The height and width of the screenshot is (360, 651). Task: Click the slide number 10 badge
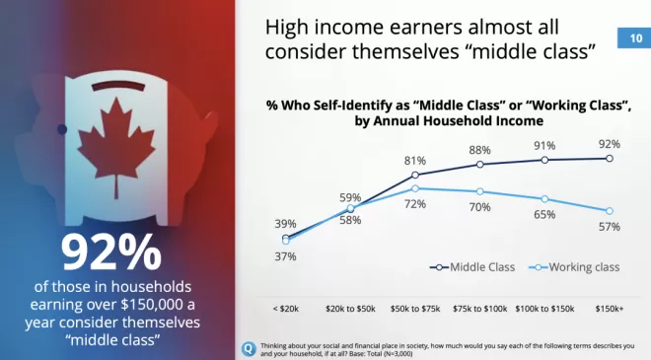pyautogui.click(x=634, y=38)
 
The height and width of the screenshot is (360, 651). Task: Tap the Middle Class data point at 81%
pyautogui.click(x=415, y=175)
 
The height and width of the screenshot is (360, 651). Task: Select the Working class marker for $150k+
pyautogui.click(x=610, y=211)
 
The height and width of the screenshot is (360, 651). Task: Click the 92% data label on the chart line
pyautogui.click(x=610, y=144)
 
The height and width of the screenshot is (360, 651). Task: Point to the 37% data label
pyautogui.click(x=286, y=256)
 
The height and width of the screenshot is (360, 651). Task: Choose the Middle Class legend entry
pyautogui.click(x=472, y=267)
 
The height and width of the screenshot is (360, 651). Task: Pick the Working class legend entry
pyautogui.click(x=574, y=267)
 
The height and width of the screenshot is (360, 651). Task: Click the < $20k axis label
pyautogui.click(x=286, y=309)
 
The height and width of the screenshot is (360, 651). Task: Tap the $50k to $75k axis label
pyautogui.click(x=415, y=309)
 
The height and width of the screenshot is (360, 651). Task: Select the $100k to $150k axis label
pyautogui.click(x=544, y=309)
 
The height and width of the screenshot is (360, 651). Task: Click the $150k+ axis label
pyautogui.click(x=610, y=309)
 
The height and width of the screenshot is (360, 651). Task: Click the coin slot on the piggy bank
pyautogui.click(x=118, y=86)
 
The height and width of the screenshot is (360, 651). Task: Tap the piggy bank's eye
pyautogui.click(x=62, y=129)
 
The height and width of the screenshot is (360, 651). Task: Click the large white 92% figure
pyautogui.click(x=111, y=252)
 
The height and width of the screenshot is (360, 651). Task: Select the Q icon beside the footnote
pyautogui.click(x=250, y=348)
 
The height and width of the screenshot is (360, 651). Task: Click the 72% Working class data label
pyautogui.click(x=415, y=204)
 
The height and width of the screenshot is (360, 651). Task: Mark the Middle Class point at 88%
pyautogui.click(x=480, y=165)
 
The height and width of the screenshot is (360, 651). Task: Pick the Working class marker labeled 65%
pyautogui.click(x=544, y=199)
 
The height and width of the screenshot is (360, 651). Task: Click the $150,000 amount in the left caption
pyautogui.click(x=152, y=305)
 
